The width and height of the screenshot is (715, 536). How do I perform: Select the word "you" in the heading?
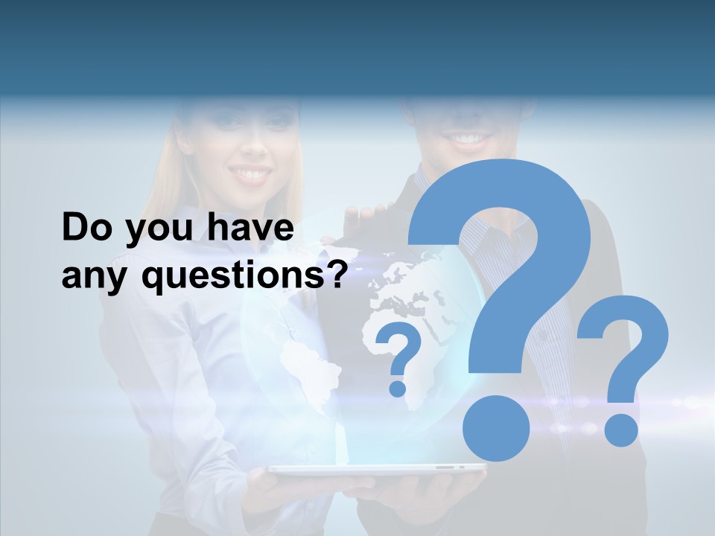click(154, 231)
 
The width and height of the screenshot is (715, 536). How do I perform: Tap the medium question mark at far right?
click(624, 342)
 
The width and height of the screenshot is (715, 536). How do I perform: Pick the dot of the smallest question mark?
click(398, 388)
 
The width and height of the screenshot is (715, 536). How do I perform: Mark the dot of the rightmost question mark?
click(620, 430)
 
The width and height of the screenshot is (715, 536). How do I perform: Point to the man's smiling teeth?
click(469, 138)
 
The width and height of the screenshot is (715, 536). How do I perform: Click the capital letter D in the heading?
click(75, 228)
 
